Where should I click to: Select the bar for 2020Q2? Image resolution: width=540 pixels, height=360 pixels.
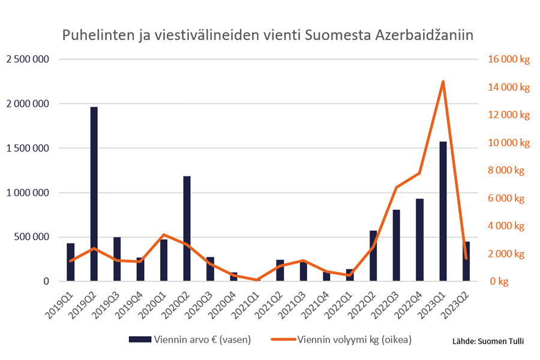coord(187,229)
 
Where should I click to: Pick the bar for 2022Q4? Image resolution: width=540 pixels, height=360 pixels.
coord(419,240)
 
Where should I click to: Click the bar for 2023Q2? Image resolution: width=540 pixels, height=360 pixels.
coord(466,262)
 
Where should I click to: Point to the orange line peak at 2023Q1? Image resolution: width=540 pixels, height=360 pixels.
coord(443,82)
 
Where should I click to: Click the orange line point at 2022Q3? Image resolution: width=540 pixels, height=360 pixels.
coord(397,187)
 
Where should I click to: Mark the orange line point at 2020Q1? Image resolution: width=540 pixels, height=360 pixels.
coord(164,235)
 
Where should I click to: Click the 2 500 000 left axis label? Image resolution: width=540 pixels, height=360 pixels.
coord(28,59)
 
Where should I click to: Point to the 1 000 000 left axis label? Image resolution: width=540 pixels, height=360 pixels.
coord(28,193)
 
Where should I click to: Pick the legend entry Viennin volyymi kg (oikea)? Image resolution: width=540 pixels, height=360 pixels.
coord(354,340)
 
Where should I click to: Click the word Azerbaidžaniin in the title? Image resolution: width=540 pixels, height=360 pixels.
coord(425,35)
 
